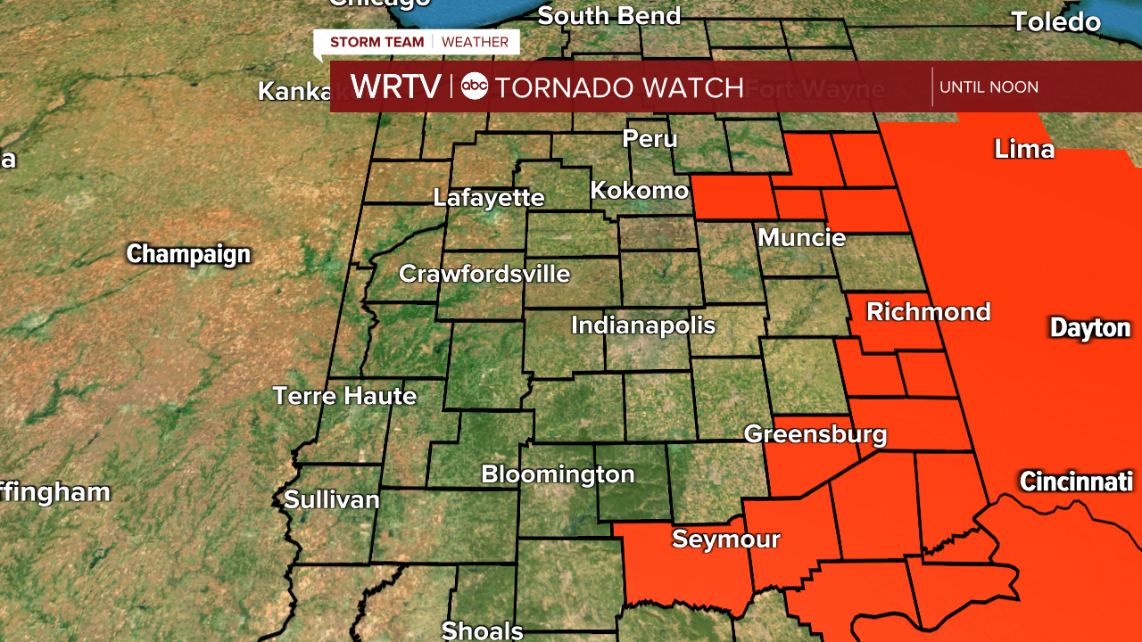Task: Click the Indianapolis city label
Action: tap(643, 325)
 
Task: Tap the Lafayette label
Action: tap(489, 198)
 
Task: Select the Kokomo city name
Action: tap(640, 191)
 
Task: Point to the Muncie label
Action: tap(801, 238)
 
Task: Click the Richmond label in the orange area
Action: tap(928, 312)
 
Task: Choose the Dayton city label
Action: tap(1090, 328)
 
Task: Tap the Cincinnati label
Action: tap(1076, 482)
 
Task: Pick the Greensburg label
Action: tap(815, 435)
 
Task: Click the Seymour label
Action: tap(726, 539)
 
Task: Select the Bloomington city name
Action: tap(558, 475)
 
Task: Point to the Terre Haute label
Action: tap(344, 396)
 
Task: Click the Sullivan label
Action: tap(332, 500)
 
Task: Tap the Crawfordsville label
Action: tap(484, 274)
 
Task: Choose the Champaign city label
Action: tap(188, 254)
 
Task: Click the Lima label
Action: tap(1024, 150)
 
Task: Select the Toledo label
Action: tap(1055, 22)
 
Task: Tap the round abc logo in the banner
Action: tap(475, 86)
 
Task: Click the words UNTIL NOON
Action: tap(989, 87)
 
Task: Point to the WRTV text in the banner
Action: tap(395, 86)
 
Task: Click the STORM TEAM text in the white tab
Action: tap(377, 42)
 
